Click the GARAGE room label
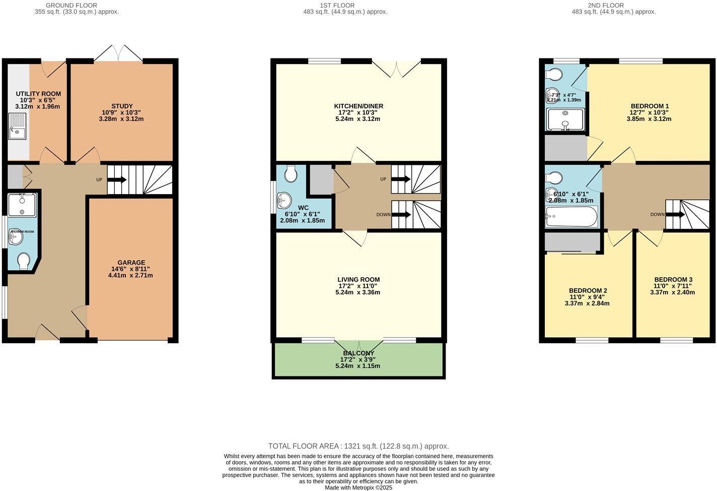[131, 263]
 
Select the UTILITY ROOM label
[38, 94]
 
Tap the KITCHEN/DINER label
[358, 106]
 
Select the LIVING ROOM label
[358, 279]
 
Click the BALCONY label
[358, 353]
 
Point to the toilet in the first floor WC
[291, 174]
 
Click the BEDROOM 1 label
[650, 106]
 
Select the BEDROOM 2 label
[588, 290]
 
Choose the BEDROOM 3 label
[673, 279]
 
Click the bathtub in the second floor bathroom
[571, 218]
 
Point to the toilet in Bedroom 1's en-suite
[554, 75]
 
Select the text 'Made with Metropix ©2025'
[358, 487]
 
